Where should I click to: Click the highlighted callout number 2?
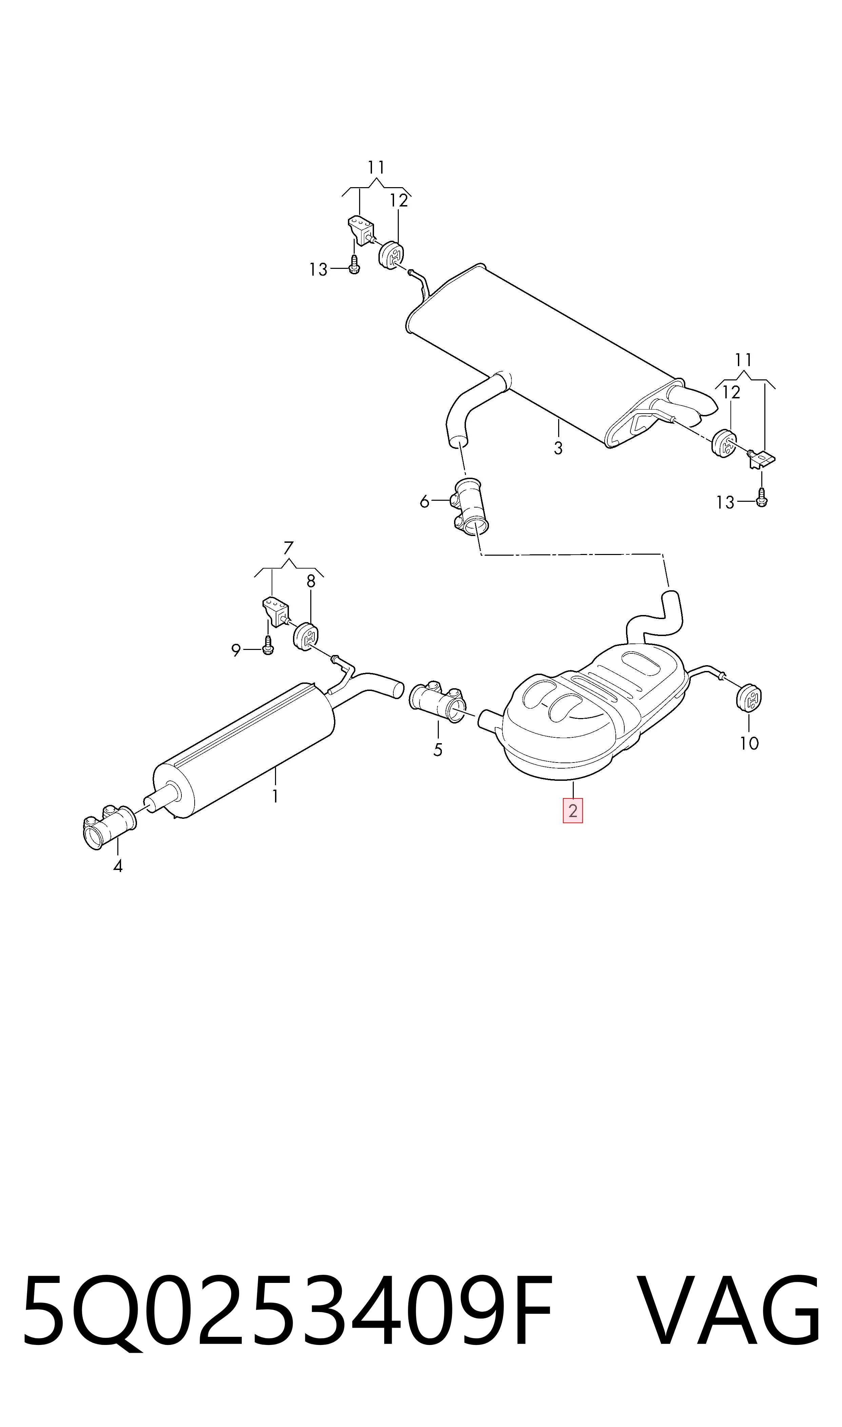pyautogui.click(x=572, y=811)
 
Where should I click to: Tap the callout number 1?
pyautogui.click(x=275, y=796)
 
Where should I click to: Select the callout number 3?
pyautogui.click(x=558, y=448)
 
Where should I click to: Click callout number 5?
pyautogui.click(x=437, y=750)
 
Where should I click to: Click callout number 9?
pyautogui.click(x=236, y=651)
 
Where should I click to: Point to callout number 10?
pyautogui.click(x=749, y=743)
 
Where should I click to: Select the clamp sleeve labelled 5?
pyautogui.click(x=437, y=701)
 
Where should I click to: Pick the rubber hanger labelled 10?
pyautogui.click(x=749, y=698)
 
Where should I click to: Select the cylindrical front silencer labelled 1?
pyautogui.click(x=244, y=750)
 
